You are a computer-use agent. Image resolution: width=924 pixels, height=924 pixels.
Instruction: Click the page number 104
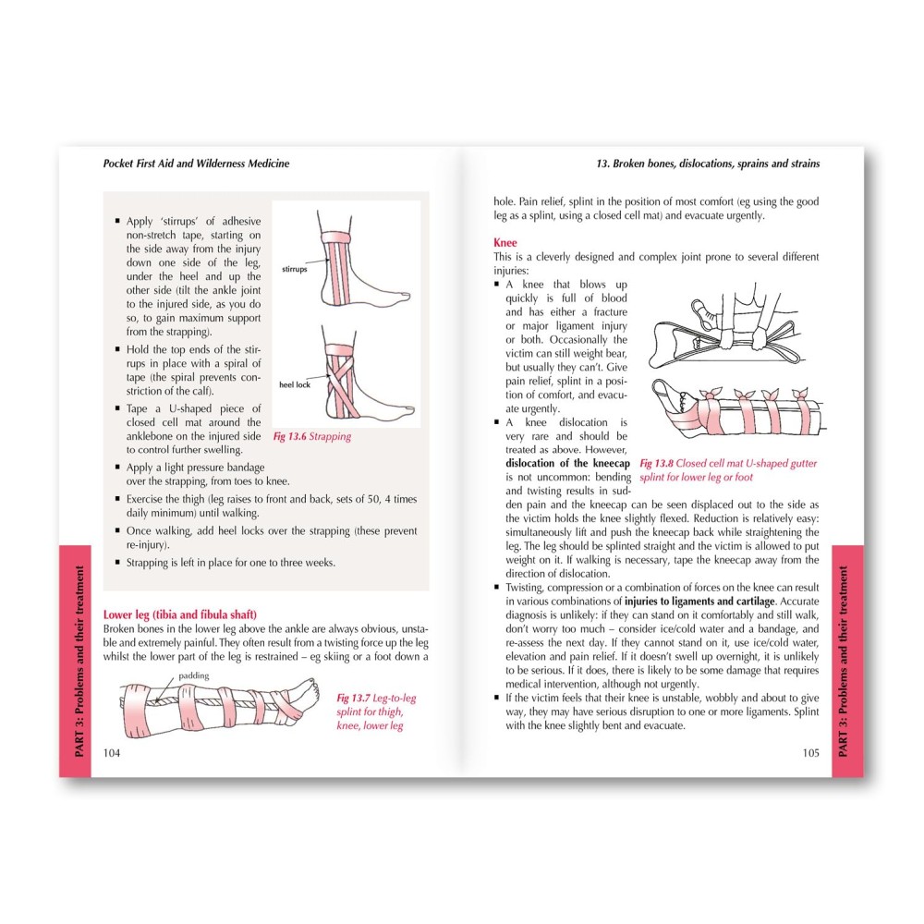(x=112, y=752)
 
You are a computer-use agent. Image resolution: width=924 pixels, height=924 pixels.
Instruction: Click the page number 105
(x=811, y=752)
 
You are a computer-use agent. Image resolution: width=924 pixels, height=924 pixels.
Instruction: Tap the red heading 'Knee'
(x=505, y=242)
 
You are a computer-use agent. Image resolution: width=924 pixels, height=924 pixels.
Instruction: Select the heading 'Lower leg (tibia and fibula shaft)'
(x=180, y=614)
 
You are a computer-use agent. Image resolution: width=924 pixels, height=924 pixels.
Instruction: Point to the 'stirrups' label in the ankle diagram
(x=294, y=269)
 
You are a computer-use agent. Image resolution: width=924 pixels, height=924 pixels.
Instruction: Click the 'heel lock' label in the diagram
(x=294, y=384)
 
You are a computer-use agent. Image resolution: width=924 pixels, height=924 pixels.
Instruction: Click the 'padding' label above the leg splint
(x=193, y=676)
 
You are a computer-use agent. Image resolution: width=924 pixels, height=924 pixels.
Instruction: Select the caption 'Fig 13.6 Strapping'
(x=311, y=437)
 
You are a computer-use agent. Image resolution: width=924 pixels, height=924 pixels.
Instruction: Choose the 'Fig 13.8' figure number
(x=656, y=463)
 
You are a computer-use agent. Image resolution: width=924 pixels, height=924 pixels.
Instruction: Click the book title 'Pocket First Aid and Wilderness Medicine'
(x=196, y=164)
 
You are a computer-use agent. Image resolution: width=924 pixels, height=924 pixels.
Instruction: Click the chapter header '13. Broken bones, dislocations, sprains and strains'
(x=708, y=164)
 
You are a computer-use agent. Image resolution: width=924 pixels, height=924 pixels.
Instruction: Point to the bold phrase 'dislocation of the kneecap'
(x=567, y=463)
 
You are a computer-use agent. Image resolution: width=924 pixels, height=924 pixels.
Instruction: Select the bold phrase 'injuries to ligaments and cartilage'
(x=699, y=602)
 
